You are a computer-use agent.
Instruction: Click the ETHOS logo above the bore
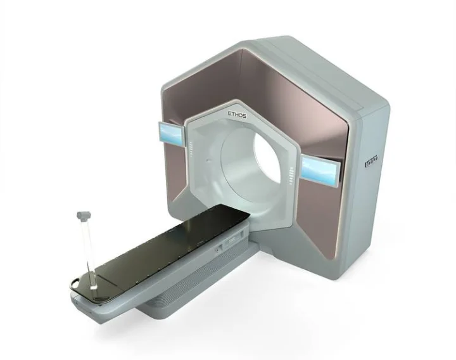click(x=241, y=114)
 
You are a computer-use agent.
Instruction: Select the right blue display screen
click(x=320, y=167)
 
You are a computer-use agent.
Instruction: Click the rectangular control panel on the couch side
click(x=232, y=240)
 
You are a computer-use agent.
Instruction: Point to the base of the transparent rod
click(x=92, y=286)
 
